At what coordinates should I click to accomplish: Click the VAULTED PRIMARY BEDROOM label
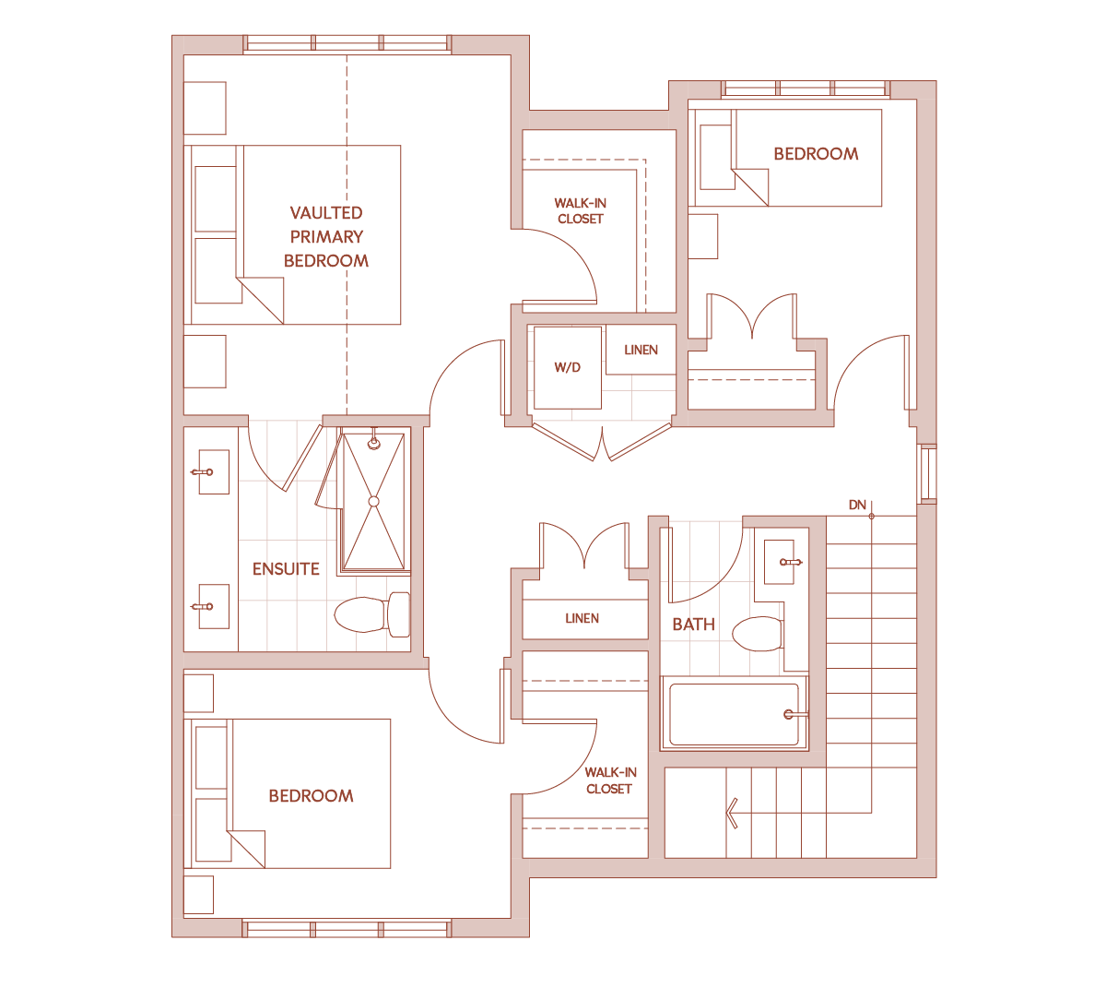(x=326, y=237)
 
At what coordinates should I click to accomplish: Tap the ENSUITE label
(x=286, y=569)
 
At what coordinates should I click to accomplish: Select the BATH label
(x=694, y=625)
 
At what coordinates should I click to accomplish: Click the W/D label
(x=568, y=367)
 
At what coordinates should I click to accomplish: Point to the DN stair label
(x=857, y=505)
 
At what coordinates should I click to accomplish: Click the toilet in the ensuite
(x=372, y=614)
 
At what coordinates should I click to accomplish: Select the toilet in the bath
(x=759, y=634)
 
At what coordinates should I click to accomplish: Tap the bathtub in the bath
(x=734, y=714)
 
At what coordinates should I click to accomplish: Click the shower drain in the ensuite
(x=374, y=501)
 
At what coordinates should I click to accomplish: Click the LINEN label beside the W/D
(x=641, y=350)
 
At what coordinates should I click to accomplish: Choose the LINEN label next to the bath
(x=582, y=618)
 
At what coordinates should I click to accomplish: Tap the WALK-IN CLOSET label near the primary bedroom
(x=580, y=211)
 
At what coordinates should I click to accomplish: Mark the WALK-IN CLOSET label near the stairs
(x=610, y=780)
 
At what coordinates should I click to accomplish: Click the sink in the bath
(x=779, y=562)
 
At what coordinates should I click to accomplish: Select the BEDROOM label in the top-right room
(x=816, y=153)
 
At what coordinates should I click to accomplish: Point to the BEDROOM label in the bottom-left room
(x=311, y=796)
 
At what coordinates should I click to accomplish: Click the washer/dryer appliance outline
(x=568, y=367)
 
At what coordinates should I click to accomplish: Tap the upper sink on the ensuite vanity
(x=214, y=471)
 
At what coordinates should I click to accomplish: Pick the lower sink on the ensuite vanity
(x=214, y=606)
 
